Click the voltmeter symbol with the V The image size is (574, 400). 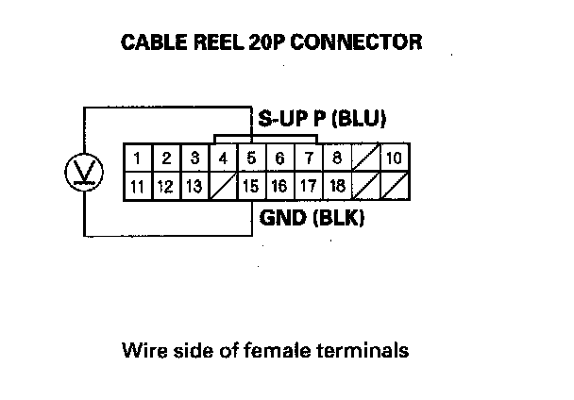coord(80,171)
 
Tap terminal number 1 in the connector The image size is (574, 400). coord(138,157)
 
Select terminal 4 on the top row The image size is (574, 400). coord(223,157)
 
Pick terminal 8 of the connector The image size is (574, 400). coord(337,157)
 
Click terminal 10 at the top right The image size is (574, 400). coord(394,157)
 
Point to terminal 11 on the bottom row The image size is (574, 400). coord(138,186)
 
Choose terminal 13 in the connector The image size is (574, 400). coord(194,186)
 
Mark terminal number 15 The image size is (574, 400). coord(251,186)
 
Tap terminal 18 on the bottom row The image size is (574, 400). coord(337,186)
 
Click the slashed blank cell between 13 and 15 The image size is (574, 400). coord(223,186)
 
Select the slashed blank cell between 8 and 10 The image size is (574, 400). coord(365,157)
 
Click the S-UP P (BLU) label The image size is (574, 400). coord(322,119)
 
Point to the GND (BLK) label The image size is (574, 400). coord(312,219)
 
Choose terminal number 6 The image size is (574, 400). coord(279,157)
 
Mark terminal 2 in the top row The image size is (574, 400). coord(165,157)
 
